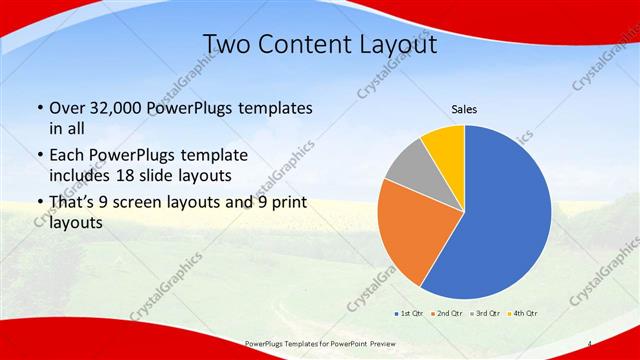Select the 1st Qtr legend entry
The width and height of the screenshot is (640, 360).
[409, 313]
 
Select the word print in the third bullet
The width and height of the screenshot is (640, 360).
[283, 204]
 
